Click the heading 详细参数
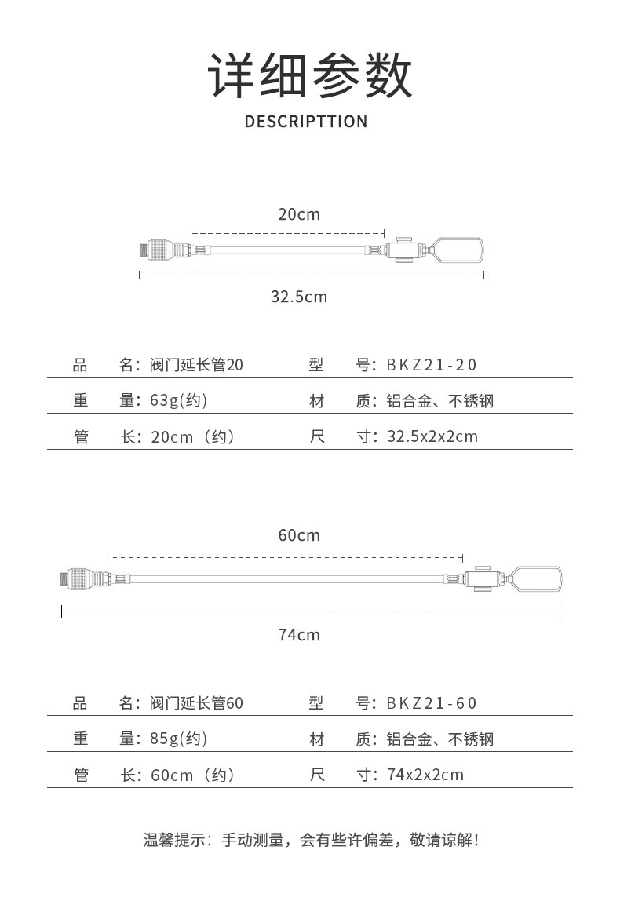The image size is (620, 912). coord(310,76)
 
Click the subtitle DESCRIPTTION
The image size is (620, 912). coord(306,122)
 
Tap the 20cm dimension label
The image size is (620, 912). coord(299,214)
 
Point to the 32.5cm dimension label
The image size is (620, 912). coord(299,297)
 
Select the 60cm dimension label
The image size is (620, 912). coord(299,535)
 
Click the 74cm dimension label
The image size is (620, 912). coord(299,635)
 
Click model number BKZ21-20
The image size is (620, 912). coord(431,365)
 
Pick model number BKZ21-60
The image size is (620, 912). coord(431,703)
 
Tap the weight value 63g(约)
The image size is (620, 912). coord(179,400)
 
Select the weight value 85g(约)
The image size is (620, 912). coord(179,739)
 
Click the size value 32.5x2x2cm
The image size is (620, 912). coord(432,436)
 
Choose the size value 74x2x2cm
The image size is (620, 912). coord(425,775)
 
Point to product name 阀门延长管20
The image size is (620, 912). coord(196,365)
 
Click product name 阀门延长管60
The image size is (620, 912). coord(196,703)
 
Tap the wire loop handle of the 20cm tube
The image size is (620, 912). coord(482,250)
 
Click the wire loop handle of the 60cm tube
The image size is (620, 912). coord(560,579)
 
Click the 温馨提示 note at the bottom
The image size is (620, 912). coord(312,840)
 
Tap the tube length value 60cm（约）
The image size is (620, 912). coord(192,775)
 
